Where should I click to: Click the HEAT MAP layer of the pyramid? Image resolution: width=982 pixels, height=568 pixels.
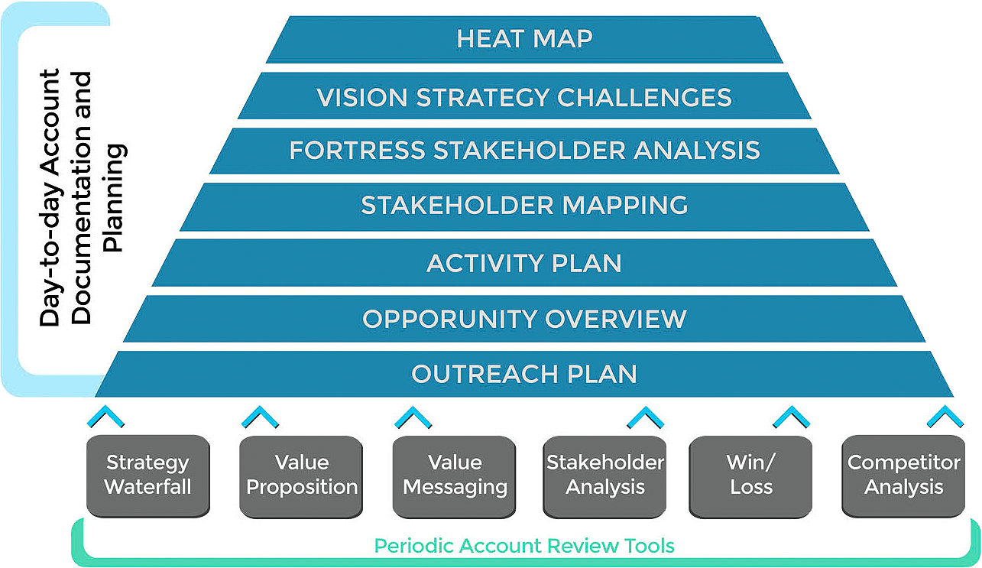(524, 39)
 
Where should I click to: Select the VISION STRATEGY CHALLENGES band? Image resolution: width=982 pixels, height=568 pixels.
(524, 97)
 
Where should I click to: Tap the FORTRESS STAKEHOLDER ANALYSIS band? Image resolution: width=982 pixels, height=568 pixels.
(524, 150)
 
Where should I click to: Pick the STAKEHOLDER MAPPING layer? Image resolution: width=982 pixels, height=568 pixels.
(524, 206)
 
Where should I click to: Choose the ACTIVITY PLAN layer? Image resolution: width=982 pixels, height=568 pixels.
(524, 263)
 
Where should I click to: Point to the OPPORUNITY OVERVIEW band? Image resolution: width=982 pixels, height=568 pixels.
(524, 318)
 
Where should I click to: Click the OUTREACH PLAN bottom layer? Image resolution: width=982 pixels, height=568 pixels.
(524, 374)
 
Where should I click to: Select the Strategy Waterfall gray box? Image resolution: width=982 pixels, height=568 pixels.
(147, 475)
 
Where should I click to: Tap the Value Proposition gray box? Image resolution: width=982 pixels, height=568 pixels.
(302, 475)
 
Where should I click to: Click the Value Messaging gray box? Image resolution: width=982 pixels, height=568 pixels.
(455, 475)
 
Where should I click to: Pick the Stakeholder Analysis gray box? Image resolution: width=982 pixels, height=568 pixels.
(604, 475)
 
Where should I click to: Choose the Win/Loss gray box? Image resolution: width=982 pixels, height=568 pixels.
(751, 475)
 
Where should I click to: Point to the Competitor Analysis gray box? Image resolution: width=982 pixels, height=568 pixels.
(904, 475)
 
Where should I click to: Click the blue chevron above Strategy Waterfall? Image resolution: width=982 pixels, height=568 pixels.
(106, 417)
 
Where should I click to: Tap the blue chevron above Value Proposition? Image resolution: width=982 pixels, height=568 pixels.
(260, 417)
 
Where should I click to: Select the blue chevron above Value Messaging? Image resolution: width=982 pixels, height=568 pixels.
(413, 417)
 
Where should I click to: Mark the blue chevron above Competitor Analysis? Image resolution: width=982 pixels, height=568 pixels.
(945, 417)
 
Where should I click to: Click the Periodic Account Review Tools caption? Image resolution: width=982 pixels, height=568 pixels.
(524, 546)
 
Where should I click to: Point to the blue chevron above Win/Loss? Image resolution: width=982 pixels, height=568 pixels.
(791, 417)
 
